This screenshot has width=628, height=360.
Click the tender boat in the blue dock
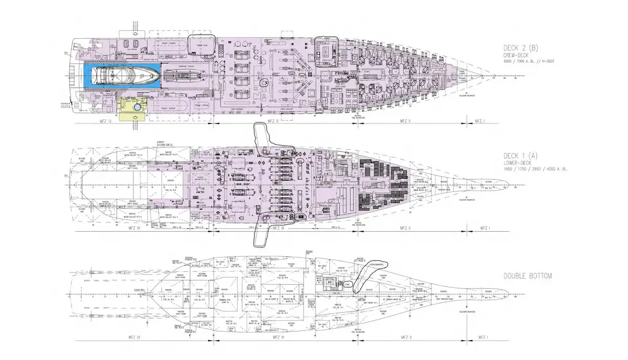126,76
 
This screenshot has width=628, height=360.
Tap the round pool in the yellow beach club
137,107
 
